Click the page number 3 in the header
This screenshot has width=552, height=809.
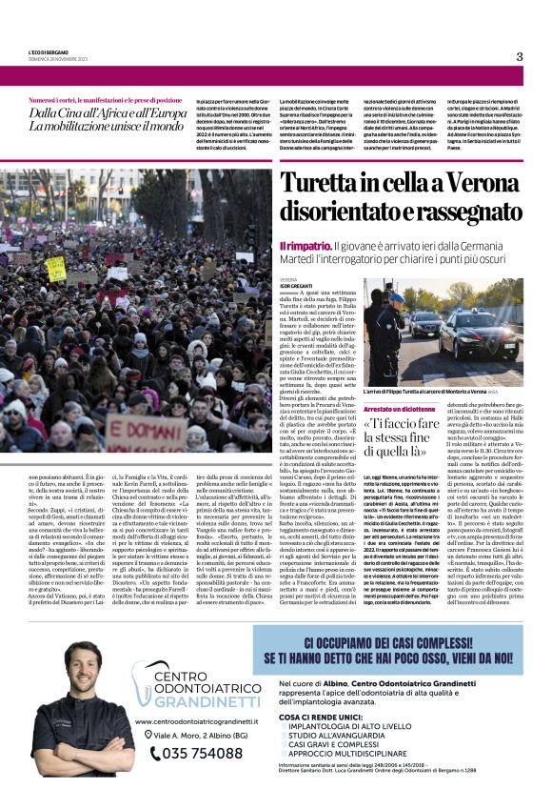(x=519, y=56)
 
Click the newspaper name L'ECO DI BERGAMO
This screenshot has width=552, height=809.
(x=49, y=52)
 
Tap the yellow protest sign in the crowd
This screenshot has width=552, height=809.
(x=56, y=269)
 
